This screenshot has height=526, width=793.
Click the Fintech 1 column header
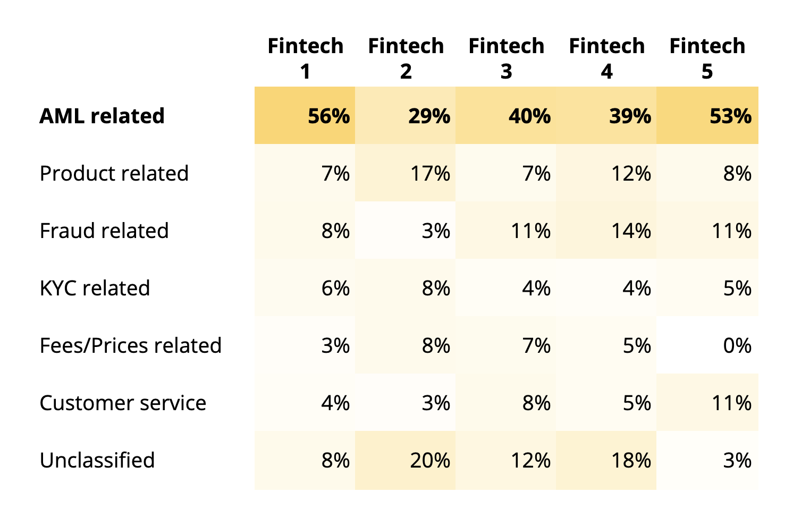305,58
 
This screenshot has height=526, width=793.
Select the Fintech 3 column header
506,58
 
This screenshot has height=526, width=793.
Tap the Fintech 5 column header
707,58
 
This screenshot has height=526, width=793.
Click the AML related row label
102,116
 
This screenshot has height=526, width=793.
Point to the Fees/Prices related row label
130,345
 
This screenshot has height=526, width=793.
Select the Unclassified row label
97,460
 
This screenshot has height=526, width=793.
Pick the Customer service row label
123,403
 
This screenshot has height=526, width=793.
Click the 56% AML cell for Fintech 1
328,116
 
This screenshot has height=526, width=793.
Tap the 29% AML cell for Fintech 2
429,116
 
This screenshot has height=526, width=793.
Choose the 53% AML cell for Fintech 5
730,116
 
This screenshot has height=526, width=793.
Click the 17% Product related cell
429,173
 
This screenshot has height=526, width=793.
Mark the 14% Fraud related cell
630,231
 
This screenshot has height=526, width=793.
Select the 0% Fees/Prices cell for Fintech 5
737,345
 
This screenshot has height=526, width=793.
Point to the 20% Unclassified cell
429,460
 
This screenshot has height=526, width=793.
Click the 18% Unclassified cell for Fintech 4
630,460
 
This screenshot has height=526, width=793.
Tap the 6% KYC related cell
335,288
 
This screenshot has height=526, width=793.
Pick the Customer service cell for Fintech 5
731,403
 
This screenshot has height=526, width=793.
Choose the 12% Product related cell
630,173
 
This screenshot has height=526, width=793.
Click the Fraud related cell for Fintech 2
435,231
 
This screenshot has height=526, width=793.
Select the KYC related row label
95,288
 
